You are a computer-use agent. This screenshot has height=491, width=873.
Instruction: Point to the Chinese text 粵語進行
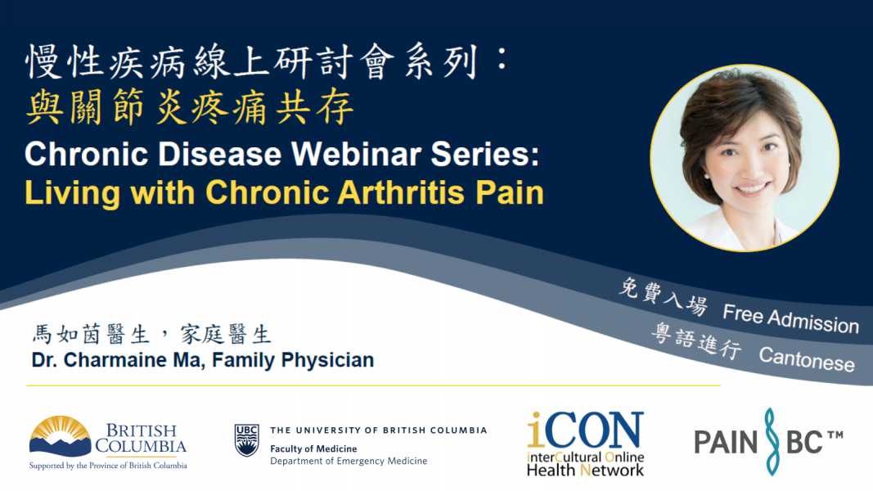(x=695, y=343)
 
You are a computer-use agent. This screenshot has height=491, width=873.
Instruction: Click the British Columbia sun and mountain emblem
(x=60, y=436)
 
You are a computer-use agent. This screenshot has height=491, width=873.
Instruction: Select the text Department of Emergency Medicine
(x=349, y=462)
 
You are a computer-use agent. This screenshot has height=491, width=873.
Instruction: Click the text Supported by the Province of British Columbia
(x=108, y=466)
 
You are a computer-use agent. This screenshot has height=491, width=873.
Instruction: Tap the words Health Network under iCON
(x=585, y=470)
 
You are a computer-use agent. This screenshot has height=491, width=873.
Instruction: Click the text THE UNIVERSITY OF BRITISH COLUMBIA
(x=378, y=430)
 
